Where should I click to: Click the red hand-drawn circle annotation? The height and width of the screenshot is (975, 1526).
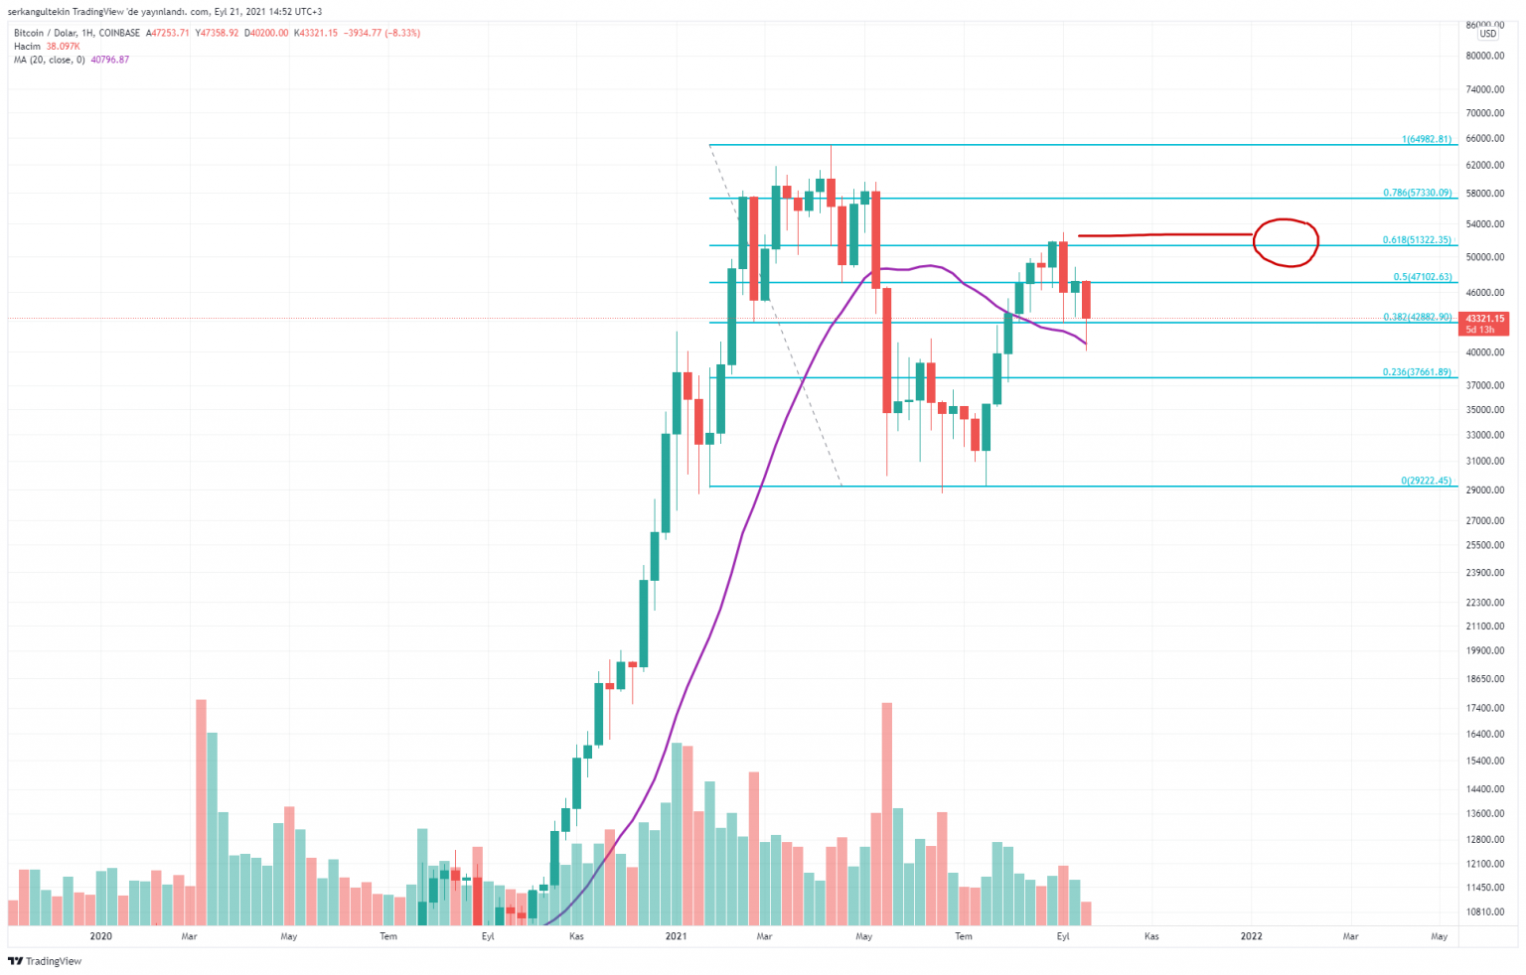tap(1286, 242)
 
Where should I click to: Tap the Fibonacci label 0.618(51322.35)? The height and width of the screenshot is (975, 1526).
tap(1417, 240)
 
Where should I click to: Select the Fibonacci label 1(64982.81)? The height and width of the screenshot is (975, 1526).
tap(1426, 139)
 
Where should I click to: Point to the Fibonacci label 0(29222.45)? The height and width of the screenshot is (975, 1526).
tap(1426, 481)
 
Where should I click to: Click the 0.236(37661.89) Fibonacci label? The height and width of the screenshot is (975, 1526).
tap(1417, 372)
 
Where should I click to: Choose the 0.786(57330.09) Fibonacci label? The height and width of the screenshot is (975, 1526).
tap(1417, 193)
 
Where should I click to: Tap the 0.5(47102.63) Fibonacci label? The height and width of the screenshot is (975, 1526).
tap(1422, 277)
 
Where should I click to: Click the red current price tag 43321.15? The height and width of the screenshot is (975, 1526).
tap(1485, 319)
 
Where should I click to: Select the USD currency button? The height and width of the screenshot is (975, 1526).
tap(1487, 34)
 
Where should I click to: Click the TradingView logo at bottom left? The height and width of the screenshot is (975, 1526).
tap(45, 961)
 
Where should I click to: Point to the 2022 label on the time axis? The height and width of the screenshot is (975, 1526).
tap(1251, 936)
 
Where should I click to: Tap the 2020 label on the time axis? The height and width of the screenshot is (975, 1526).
tap(100, 936)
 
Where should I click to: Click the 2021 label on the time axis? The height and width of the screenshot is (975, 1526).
tap(676, 936)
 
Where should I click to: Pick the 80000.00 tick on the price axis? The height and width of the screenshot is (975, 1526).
tap(1485, 56)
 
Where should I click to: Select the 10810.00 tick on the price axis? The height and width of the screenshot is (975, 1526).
tap(1485, 911)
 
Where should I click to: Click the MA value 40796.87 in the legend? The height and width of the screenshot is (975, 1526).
tap(109, 60)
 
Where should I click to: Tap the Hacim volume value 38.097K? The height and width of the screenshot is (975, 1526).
tap(63, 47)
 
